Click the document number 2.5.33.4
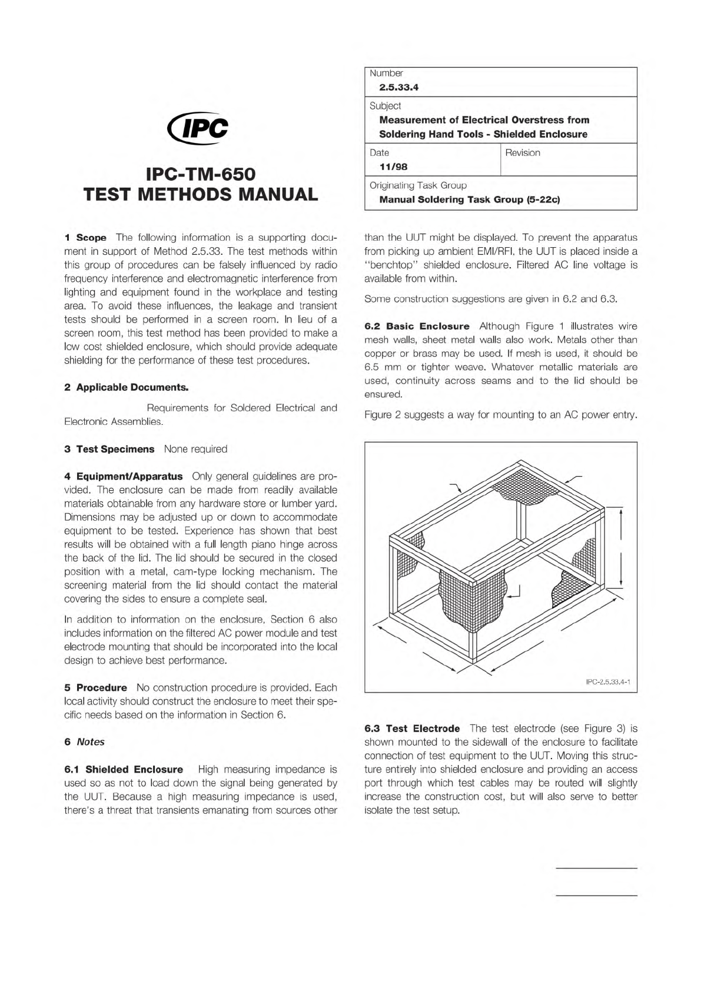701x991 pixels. pos(398,88)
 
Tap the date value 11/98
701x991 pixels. pos(393,167)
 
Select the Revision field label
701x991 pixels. pos(522,153)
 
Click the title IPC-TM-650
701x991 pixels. pos(201,174)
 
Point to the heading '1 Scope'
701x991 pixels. pos(86,238)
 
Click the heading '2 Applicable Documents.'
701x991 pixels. pos(127,387)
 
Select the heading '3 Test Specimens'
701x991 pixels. pos(109,449)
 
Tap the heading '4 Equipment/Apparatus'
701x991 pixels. pos(124,476)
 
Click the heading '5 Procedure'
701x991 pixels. pos(96,687)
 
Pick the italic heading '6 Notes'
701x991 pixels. pos(85,742)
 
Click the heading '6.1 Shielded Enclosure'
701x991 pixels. pos(124,769)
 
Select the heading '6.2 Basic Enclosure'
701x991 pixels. pos(417,326)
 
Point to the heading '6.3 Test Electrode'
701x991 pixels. pos(412,729)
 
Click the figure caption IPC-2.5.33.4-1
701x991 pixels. pos(608,681)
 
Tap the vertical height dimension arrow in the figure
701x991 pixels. pos(622,547)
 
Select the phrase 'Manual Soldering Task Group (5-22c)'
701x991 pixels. pos(469,199)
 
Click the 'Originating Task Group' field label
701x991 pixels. pos(418,185)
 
